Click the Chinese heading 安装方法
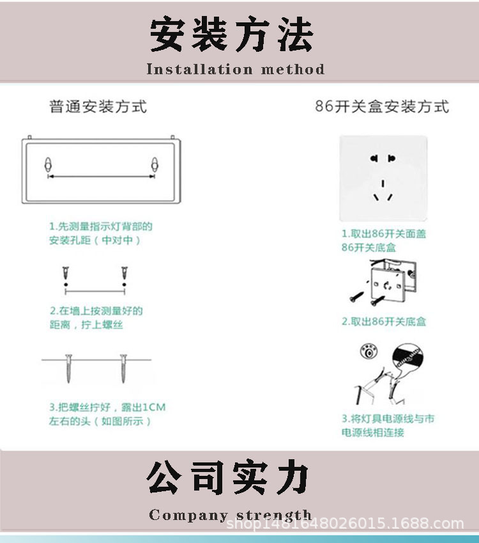tap(232, 35)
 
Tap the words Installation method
tap(235, 69)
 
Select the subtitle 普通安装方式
tap(98, 106)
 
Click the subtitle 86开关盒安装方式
tap(382, 106)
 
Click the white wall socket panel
tap(383, 177)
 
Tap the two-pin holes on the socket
tap(383, 159)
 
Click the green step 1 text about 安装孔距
tap(101, 233)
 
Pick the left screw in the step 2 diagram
tap(65, 276)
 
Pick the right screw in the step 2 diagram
tap(124, 276)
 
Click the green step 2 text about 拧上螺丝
tap(96, 318)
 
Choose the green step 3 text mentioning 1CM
tap(107, 414)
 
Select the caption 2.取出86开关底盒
tap(384, 321)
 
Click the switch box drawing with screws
tap(384, 281)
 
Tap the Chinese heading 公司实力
tap(229, 478)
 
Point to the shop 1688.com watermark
tap(346, 524)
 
